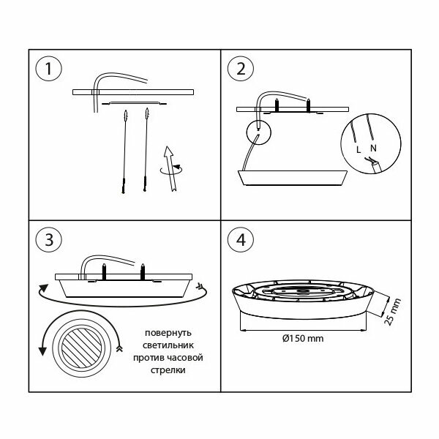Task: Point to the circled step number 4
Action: (241, 239)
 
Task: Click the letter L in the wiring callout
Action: (359, 149)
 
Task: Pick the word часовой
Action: (180, 358)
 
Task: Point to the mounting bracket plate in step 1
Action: (133, 103)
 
